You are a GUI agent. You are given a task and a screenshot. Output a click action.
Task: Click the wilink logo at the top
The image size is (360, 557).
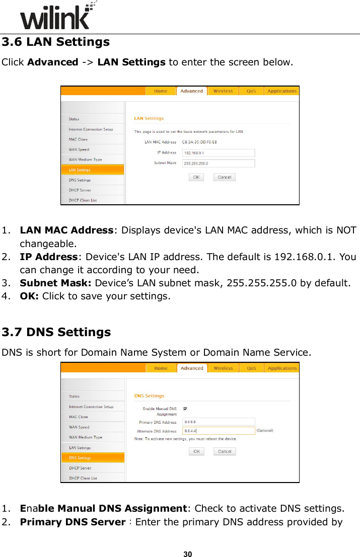pyautogui.click(x=55, y=18)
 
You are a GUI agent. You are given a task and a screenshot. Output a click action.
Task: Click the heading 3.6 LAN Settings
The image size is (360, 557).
pyautogui.click(x=55, y=42)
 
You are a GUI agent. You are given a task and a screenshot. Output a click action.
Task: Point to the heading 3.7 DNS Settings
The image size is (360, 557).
pyautogui.click(x=56, y=332)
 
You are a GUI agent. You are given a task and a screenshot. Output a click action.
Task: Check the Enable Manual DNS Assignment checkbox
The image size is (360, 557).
pyautogui.click(x=186, y=409)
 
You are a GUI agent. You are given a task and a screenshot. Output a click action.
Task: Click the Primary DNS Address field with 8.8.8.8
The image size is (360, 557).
pyautogui.click(x=219, y=422)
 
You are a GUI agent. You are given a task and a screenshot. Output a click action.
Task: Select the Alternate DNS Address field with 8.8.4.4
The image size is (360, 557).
pyautogui.click(x=219, y=431)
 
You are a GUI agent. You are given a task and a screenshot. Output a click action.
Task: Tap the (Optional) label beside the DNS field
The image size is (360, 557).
pyautogui.click(x=265, y=431)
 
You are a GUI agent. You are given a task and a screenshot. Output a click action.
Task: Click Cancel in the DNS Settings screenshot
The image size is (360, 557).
pyautogui.click(x=225, y=451)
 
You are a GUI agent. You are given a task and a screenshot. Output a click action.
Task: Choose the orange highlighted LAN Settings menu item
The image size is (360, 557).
pyautogui.click(x=92, y=170)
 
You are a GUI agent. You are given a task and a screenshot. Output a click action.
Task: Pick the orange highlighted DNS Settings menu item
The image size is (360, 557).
pyautogui.click(x=92, y=458)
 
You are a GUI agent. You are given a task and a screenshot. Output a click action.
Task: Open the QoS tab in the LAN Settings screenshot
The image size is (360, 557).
pyautogui.click(x=251, y=91)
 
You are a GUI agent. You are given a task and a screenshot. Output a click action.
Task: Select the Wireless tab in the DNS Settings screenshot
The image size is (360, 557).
pyautogui.click(x=223, y=368)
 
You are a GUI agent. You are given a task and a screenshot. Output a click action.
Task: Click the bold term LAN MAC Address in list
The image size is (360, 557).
pyautogui.click(x=66, y=230)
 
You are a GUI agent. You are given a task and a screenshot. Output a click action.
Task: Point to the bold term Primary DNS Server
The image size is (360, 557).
pyautogui.click(x=73, y=522)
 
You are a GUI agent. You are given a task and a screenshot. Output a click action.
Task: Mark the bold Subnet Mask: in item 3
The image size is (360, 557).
pyautogui.click(x=56, y=283)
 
